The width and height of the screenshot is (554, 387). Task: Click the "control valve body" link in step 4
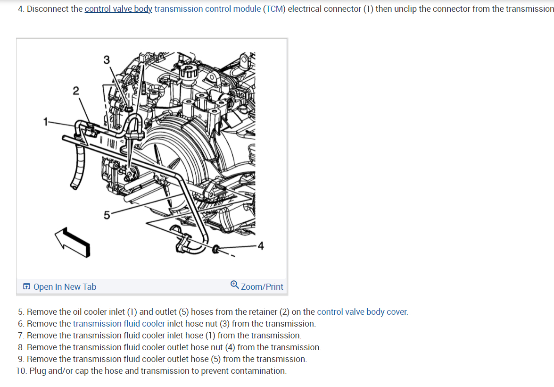118,9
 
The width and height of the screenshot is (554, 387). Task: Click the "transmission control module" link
207,9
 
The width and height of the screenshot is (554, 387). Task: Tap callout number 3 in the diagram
106,60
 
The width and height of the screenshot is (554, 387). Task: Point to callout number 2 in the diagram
76,90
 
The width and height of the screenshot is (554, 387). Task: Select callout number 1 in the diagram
46,122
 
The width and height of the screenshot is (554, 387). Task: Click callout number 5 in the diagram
107,215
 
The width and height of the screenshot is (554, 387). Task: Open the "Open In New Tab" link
65,287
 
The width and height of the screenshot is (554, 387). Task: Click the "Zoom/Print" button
262,287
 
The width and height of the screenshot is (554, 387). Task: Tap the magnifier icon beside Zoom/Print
235,285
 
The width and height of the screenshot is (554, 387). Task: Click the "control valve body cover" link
362,312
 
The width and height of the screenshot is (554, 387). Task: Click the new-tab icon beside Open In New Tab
27,287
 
